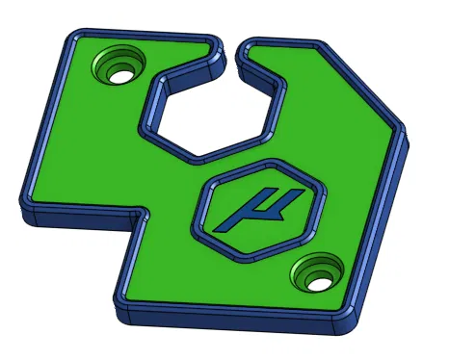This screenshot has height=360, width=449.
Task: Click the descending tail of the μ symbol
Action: (x=224, y=227)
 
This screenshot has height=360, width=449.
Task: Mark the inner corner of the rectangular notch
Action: (x=145, y=218)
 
